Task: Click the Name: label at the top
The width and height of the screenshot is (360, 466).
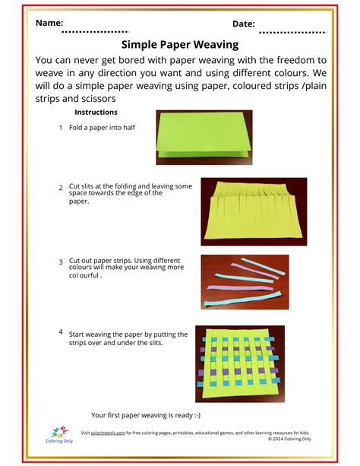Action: pyautogui.click(x=49, y=23)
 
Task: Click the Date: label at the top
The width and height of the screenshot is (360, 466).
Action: pyautogui.click(x=243, y=24)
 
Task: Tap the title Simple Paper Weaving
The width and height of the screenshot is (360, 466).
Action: pyautogui.click(x=180, y=45)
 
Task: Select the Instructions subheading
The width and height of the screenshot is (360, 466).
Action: pyautogui.click(x=96, y=113)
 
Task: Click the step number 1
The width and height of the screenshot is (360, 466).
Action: pyautogui.click(x=60, y=128)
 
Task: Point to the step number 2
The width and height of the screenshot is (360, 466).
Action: pyautogui.click(x=60, y=187)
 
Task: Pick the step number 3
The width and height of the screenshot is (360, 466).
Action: pyautogui.click(x=60, y=262)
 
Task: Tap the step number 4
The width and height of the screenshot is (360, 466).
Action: pyautogui.click(x=60, y=332)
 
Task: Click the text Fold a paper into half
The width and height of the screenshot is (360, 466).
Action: pyautogui.click(x=102, y=128)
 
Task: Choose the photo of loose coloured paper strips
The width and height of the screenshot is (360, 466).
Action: pyautogui.click(x=245, y=281)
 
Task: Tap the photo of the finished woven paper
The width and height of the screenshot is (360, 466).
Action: pyautogui.click(x=240, y=364)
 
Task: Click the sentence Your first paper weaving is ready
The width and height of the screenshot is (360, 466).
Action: pyautogui.click(x=146, y=415)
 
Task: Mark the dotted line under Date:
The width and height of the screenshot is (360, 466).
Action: pyautogui.click(x=298, y=33)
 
